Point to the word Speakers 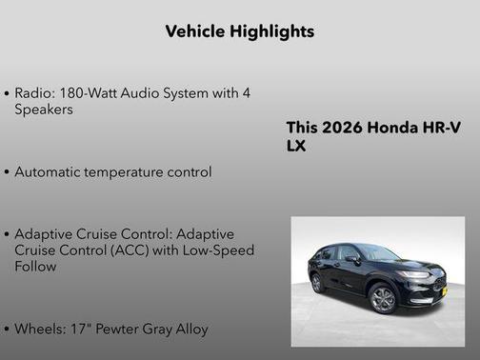point(44,110)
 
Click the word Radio point(33,94)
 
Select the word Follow point(36,267)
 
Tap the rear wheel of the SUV point(316,283)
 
